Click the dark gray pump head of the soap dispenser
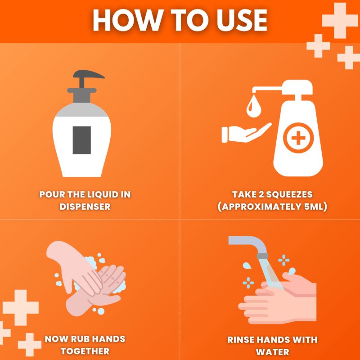click(x=89, y=75)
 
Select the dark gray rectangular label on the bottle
click(x=82, y=140)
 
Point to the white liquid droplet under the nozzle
click(x=254, y=107)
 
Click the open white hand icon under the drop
click(x=246, y=133)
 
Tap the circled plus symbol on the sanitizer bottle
click(x=298, y=138)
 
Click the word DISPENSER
click(x=85, y=207)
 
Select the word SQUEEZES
click(x=289, y=194)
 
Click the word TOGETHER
click(x=85, y=351)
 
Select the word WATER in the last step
click(x=273, y=352)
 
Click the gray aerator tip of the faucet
click(x=262, y=256)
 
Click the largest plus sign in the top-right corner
click(x=340, y=20)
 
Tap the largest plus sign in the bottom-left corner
click(x=21, y=307)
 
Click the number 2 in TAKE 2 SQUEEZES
click(x=261, y=194)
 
